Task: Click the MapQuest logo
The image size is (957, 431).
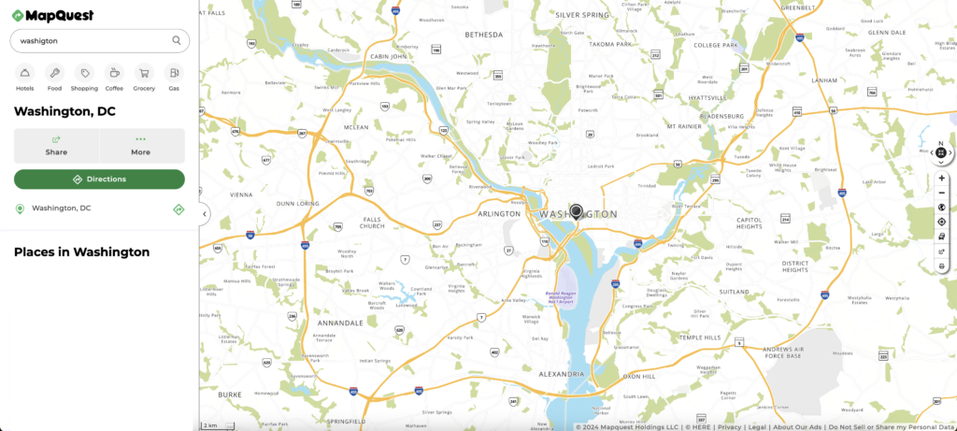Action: pyautogui.click(x=53, y=14)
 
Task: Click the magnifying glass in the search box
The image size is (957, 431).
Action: pyautogui.click(x=177, y=40)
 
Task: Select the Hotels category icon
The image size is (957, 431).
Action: pyautogui.click(x=25, y=73)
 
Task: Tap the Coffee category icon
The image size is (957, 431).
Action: pyautogui.click(x=114, y=73)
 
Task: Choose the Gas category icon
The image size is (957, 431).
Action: pyautogui.click(x=173, y=73)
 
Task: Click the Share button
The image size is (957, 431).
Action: pyautogui.click(x=56, y=146)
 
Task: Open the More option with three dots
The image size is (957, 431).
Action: pyautogui.click(x=141, y=146)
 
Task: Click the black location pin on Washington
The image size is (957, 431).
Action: pyautogui.click(x=577, y=211)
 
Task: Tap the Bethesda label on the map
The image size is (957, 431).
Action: pyautogui.click(x=484, y=35)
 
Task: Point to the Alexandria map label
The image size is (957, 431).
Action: pyautogui.click(x=563, y=374)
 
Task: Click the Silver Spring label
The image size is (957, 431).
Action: pyautogui.click(x=581, y=15)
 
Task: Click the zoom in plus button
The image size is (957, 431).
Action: pyautogui.click(x=941, y=178)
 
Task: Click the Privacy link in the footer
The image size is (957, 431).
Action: pyautogui.click(x=730, y=426)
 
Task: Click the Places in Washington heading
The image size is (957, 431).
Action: pyautogui.click(x=81, y=251)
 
